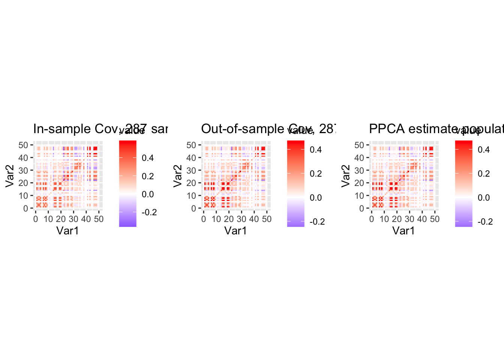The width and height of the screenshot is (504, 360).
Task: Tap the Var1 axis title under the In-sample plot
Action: tap(67, 231)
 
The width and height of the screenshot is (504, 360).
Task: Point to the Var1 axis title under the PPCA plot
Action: tap(403, 231)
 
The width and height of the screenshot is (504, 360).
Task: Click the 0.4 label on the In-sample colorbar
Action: tap(148, 158)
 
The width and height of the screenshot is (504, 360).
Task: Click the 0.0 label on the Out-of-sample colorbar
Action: tap(316, 198)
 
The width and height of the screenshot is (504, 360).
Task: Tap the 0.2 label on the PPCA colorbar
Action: tap(484, 174)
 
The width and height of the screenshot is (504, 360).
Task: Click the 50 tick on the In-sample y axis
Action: tap(23, 145)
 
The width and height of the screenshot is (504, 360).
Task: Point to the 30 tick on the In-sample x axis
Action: tap(73, 219)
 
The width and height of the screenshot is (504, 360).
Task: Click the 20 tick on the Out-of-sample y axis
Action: tap(191, 183)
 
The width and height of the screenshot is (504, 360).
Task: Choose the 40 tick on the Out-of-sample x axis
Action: tap(254, 219)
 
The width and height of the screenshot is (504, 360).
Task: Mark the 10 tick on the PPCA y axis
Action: tap(359, 196)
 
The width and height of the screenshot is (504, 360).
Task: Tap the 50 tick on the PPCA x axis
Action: tap(435, 219)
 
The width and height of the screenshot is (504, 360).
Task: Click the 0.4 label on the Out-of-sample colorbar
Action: tap(316, 150)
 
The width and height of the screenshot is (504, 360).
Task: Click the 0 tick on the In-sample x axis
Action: tap(36, 219)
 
